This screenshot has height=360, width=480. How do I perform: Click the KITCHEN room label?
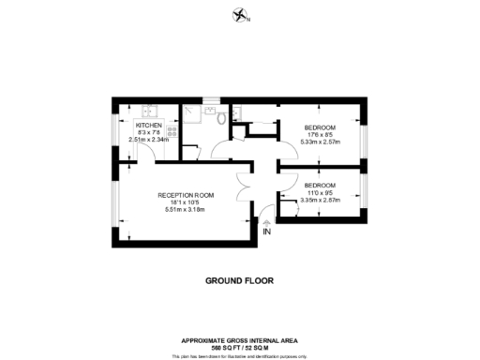(x=149, y=126)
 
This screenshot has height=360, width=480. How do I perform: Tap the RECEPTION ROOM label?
(x=185, y=195)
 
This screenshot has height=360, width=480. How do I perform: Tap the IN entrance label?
(x=267, y=232)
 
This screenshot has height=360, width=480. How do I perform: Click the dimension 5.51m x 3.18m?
(x=185, y=208)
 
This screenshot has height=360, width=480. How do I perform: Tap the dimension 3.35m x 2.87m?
(x=321, y=199)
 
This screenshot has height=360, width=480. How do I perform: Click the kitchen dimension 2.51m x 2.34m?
(x=149, y=140)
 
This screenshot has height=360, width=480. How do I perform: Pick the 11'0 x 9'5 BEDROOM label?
(x=321, y=185)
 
